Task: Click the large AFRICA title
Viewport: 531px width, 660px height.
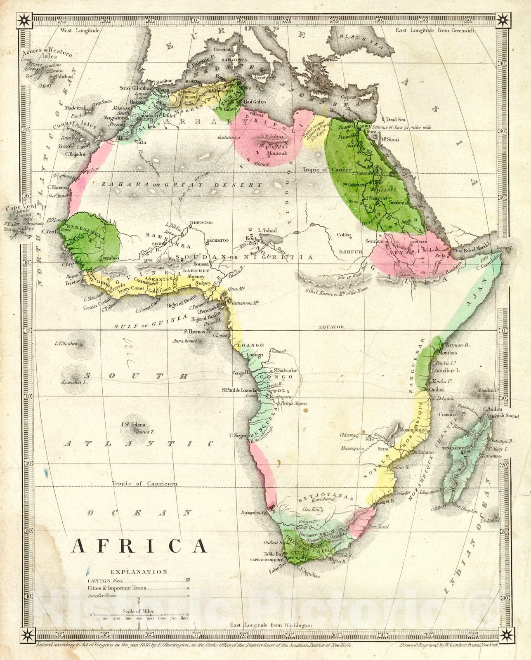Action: (x=139, y=545)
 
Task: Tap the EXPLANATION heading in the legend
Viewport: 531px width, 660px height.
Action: (x=139, y=572)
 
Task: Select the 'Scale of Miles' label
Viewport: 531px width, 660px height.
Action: (x=138, y=612)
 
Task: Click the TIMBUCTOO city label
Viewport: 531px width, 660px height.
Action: (x=201, y=223)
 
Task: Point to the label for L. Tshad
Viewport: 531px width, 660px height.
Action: (x=267, y=231)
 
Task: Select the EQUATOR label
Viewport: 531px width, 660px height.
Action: (x=331, y=327)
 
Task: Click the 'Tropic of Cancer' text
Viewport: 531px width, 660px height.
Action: (x=327, y=170)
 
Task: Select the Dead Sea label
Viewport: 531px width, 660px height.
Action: (x=396, y=120)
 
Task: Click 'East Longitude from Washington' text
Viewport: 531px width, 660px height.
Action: (x=271, y=637)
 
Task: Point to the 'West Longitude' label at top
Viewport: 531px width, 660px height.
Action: (x=80, y=31)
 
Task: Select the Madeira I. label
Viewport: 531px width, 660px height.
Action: (x=74, y=108)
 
